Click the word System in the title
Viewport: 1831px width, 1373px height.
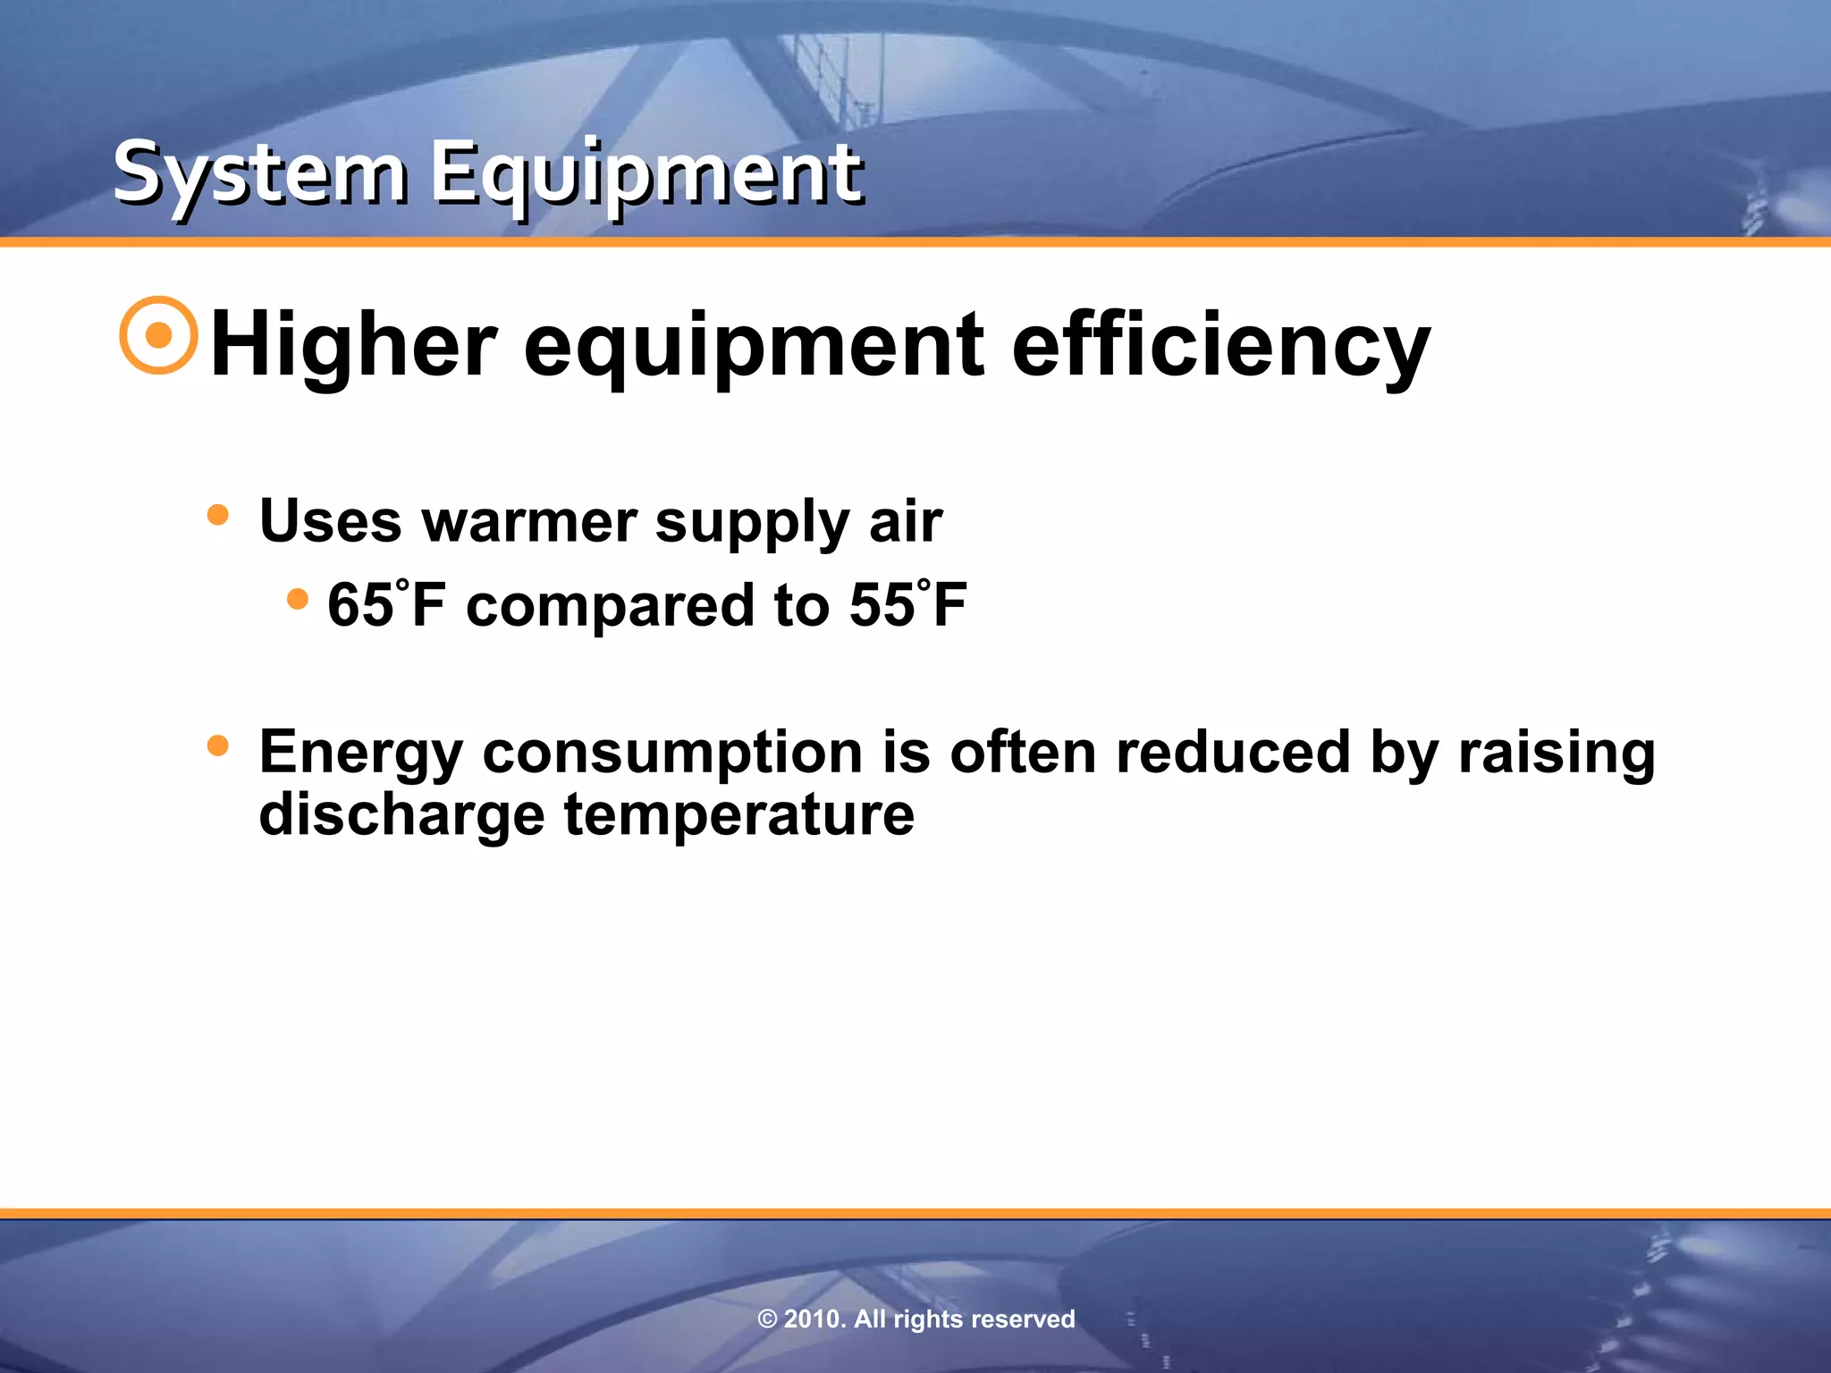[x=260, y=174]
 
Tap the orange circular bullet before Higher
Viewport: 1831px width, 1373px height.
[x=158, y=335]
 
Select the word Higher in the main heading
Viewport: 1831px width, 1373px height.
[x=353, y=346]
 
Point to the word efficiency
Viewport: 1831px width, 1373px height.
[x=1220, y=346]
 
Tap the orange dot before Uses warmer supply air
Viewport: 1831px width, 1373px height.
[x=217, y=516]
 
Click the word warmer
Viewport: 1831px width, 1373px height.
[x=529, y=521]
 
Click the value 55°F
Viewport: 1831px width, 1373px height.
[x=908, y=605]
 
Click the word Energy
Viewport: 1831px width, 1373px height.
[x=360, y=754]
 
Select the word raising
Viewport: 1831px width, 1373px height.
[x=1557, y=754]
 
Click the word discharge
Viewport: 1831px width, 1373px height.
[x=401, y=816]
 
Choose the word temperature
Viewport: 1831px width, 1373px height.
[x=738, y=816]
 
